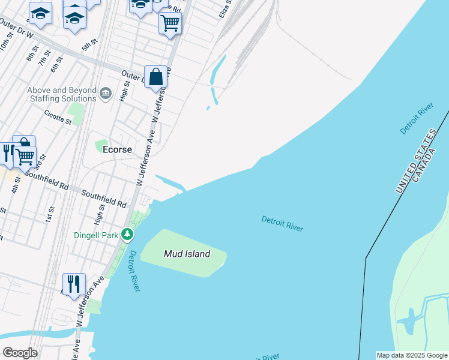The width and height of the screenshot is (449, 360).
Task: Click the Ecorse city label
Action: pos(118,149)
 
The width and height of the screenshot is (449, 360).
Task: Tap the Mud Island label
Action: pos(187,254)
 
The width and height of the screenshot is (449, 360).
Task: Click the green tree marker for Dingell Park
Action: pos(127,233)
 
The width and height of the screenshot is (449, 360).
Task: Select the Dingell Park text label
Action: pos(95,235)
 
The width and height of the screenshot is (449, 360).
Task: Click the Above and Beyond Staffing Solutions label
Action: pos(62,94)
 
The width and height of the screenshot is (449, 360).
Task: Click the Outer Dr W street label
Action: pos(16,30)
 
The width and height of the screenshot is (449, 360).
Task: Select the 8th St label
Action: pos(31,56)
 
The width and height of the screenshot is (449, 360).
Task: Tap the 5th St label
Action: pos(89,45)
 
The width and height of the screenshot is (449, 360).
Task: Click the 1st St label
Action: pos(50,214)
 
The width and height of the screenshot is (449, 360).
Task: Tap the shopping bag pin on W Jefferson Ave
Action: pos(155,77)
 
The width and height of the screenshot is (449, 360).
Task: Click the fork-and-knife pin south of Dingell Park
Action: pos(74,284)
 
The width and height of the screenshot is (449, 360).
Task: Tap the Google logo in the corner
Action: pos(20,353)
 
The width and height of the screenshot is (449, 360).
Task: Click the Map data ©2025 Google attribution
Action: pos(412,355)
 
